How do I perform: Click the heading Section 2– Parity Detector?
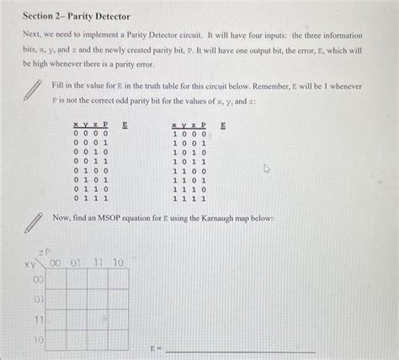pyautogui.click(x=71, y=16)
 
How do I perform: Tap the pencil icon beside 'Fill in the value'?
pyautogui.click(x=33, y=90)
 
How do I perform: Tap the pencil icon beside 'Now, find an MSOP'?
pyautogui.click(x=33, y=222)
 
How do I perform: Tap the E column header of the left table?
pyautogui.click(x=125, y=124)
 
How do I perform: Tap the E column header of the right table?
pyautogui.click(x=223, y=124)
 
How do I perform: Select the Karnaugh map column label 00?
pyautogui.click(x=56, y=263)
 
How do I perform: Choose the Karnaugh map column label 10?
pyautogui.click(x=117, y=263)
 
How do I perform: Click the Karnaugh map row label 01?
pyautogui.click(x=38, y=299)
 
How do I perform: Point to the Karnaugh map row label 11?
pyautogui.click(x=38, y=320)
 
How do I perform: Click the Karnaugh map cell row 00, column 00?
pyautogui.click(x=56, y=279)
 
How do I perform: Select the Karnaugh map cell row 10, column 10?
pyautogui.click(x=117, y=340)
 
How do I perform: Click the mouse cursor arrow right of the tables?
pyautogui.click(x=267, y=168)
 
